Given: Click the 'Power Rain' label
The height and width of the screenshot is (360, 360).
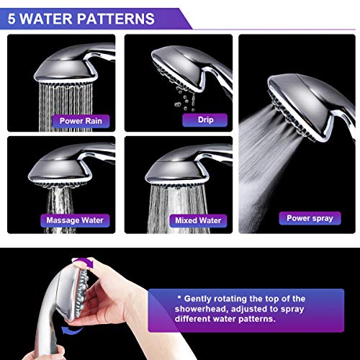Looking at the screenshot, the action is tap(81, 121).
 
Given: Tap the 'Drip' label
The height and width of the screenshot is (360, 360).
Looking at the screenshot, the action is tap(205, 120).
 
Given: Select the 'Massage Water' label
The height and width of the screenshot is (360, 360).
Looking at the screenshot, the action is tap(75, 220).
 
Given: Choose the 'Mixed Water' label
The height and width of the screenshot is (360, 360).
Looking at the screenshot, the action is tap(198, 220).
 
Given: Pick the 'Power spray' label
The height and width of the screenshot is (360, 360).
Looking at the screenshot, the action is tap(310, 218).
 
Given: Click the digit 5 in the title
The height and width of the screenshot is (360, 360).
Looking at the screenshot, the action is tap(12, 19).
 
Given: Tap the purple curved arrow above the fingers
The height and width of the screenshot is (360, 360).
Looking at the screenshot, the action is tap(84, 262).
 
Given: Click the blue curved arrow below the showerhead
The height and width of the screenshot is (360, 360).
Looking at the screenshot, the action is tap(71, 330).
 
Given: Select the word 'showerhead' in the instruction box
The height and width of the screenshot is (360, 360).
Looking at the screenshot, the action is tap(201, 309).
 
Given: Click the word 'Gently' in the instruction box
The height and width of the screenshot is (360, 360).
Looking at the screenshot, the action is tap(198, 299).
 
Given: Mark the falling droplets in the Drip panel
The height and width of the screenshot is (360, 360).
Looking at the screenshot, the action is tap(185, 99).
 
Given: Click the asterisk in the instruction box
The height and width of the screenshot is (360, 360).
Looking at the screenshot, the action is tap(179, 297).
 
